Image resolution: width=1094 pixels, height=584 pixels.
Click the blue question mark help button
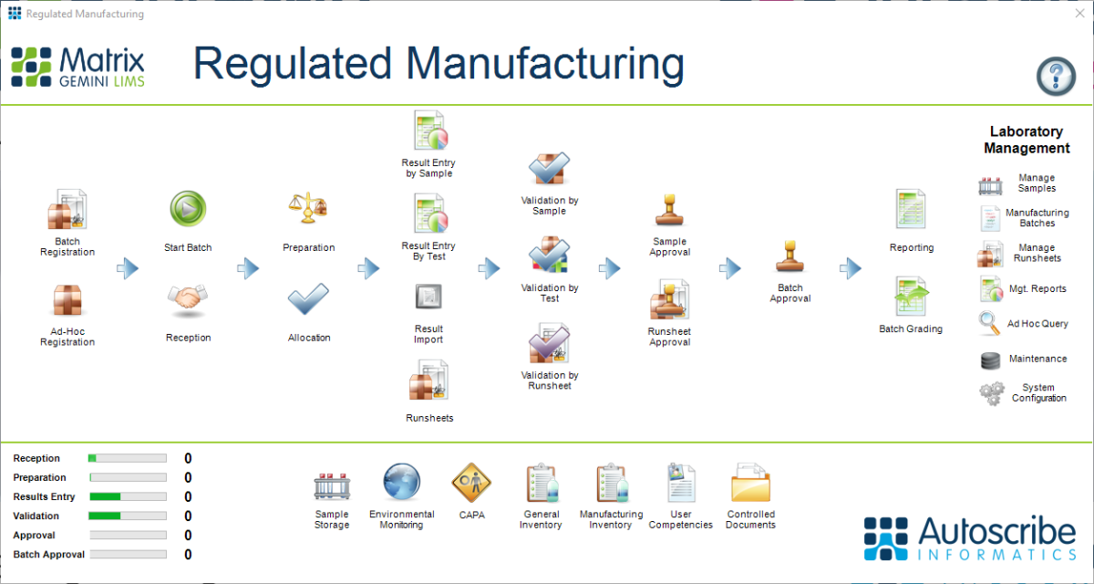click(x=1056, y=74)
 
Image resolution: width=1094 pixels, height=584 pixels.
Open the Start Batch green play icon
click(x=188, y=209)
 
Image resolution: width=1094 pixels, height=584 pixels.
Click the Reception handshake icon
click(x=188, y=298)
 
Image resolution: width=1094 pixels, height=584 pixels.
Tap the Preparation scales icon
click(x=308, y=209)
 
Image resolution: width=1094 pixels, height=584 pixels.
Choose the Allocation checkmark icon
click(x=308, y=298)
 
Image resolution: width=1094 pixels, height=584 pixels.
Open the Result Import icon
click(x=428, y=297)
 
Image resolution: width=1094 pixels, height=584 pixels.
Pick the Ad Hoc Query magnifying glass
click(x=990, y=323)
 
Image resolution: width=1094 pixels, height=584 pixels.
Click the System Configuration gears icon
click(x=991, y=393)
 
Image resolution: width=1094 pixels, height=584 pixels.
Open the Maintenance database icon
click(x=990, y=360)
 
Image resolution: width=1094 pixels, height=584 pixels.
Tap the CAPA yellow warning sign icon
click(x=471, y=481)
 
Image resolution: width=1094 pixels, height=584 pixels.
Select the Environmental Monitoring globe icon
click(x=401, y=482)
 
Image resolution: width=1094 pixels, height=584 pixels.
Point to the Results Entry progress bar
click(x=128, y=497)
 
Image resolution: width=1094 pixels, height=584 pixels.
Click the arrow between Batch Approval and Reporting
click(x=850, y=268)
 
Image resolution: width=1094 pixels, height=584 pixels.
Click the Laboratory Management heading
click(x=1027, y=140)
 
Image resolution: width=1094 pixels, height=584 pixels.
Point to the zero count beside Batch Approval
click(x=188, y=555)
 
